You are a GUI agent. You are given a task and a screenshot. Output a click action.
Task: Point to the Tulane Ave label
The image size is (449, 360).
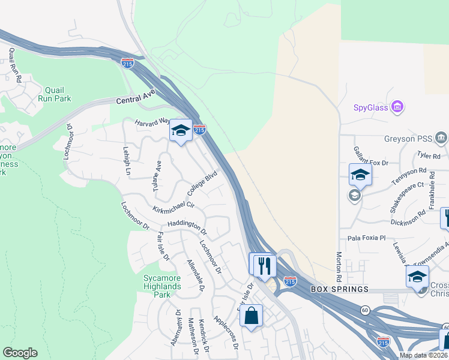157,176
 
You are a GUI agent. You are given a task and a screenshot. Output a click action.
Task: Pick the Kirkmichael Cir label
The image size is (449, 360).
173,205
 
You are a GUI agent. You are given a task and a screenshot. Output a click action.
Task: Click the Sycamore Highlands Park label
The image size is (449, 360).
162,282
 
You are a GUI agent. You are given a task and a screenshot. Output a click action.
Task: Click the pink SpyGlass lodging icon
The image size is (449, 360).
397,107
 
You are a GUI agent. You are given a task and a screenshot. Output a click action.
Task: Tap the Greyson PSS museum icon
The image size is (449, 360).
441,139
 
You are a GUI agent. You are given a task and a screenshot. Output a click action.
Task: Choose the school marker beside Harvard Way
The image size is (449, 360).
180,130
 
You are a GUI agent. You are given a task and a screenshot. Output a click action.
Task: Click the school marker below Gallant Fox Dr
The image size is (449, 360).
360,175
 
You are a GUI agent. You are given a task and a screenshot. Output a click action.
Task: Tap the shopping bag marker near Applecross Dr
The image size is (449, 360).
251,315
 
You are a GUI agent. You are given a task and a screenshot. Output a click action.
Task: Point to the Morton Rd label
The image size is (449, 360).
339,266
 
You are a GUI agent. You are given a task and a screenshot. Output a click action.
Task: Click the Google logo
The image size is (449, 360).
20,353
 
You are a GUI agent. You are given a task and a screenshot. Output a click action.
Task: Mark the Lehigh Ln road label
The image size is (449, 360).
127,161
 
